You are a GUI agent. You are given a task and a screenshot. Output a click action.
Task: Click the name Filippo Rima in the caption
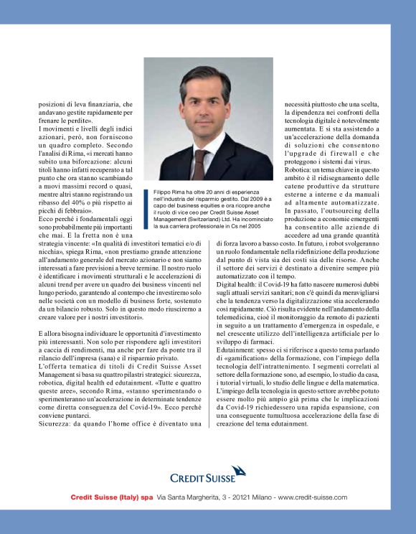[169, 192]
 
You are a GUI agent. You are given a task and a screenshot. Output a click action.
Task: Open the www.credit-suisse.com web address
[313, 497]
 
